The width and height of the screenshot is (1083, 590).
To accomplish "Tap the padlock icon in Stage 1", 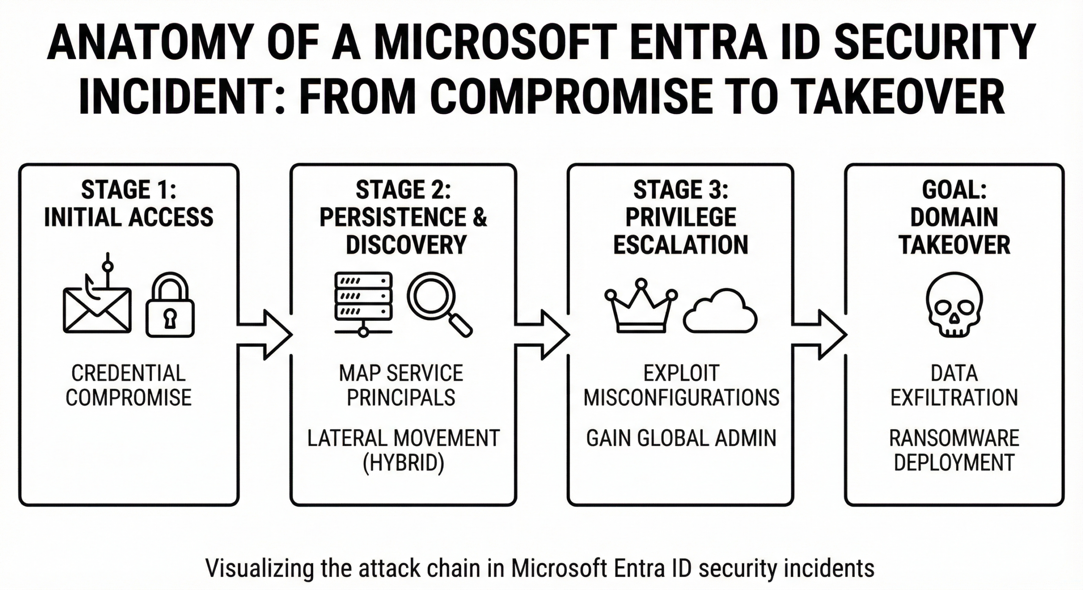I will [x=170, y=306].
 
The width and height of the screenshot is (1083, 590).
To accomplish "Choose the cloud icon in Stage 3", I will [x=720, y=312].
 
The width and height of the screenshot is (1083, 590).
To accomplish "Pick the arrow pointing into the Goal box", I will [x=820, y=335].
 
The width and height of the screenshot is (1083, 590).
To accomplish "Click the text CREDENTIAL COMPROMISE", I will [x=129, y=385].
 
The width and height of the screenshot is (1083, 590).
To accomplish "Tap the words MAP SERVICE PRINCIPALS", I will [x=401, y=385].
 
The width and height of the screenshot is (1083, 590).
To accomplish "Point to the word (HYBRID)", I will [x=403, y=462].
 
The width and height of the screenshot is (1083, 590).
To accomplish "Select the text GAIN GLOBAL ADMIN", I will [x=681, y=438].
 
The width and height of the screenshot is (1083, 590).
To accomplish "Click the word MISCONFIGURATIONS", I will [x=681, y=398].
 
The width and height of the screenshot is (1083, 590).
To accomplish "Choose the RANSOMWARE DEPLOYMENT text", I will [x=954, y=450].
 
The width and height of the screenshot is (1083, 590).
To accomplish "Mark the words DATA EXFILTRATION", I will [x=954, y=385].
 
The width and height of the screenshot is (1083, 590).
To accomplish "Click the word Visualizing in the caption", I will [x=259, y=568].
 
